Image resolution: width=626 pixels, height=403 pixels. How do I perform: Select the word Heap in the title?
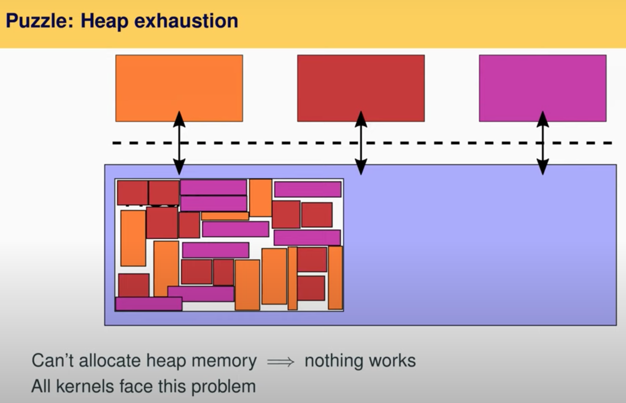point(104,21)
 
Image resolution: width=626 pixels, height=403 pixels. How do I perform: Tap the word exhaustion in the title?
point(186,21)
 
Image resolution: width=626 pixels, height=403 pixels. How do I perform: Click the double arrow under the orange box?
point(179,143)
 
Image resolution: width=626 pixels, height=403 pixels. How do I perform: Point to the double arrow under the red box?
point(361,143)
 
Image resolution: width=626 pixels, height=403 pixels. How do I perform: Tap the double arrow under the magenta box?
point(543,143)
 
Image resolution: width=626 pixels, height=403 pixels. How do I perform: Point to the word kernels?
point(84,386)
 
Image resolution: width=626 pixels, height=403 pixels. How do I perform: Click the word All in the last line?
point(41,386)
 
